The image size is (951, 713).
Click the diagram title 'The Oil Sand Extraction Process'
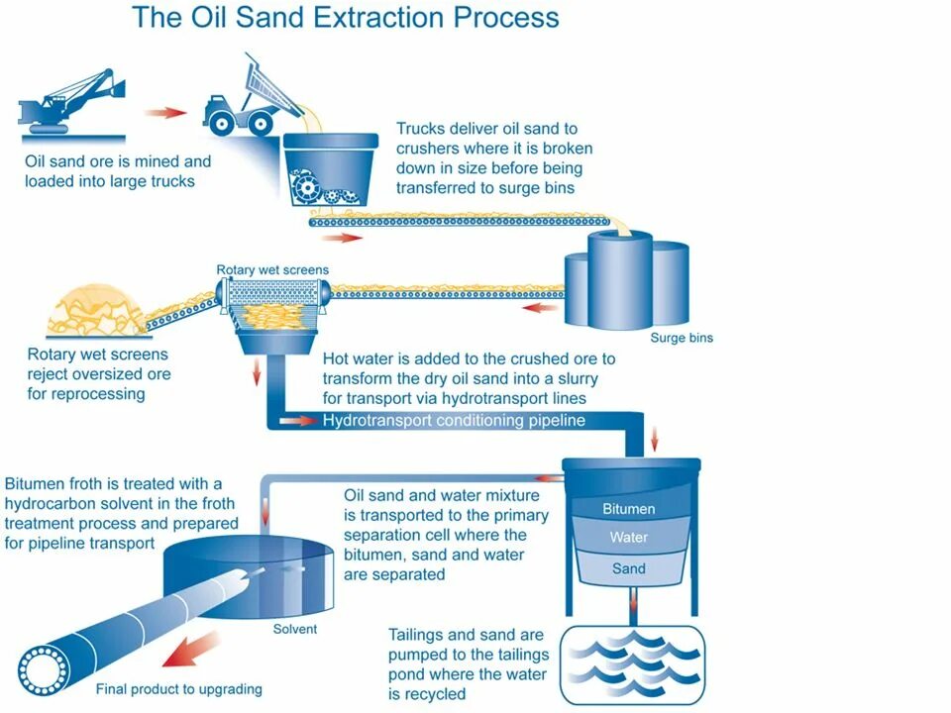tap(345, 18)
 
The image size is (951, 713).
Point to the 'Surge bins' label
tap(681, 338)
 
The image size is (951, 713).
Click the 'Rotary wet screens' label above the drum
tap(272, 269)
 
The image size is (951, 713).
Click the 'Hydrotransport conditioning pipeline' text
tap(454, 420)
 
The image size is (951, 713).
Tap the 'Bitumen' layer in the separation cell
tap(629, 509)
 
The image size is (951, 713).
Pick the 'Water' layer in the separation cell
tap(629, 538)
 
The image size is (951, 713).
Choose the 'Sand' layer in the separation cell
tap(629, 568)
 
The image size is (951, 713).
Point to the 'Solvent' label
tap(295, 629)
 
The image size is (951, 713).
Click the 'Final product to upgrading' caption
tap(178, 689)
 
